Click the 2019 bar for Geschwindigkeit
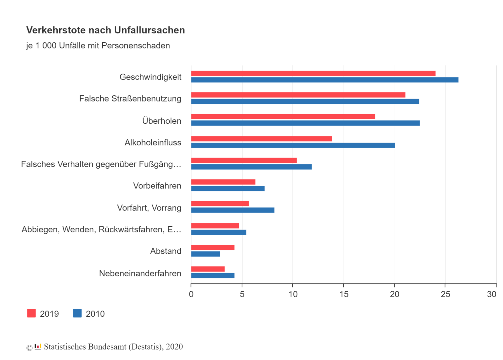(x=313, y=73)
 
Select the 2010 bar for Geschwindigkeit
(x=325, y=80)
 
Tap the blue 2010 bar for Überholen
(x=305, y=123)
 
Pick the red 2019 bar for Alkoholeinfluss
(x=261, y=139)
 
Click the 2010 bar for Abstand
(x=205, y=254)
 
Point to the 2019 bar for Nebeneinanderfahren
(x=208, y=269)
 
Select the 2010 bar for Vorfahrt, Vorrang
(x=233, y=210)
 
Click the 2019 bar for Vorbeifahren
(x=223, y=182)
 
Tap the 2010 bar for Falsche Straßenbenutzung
(x=305, y=101)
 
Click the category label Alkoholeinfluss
(x=153, y=142)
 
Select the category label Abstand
(x=165, y=251)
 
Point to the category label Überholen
(x=161, y=121)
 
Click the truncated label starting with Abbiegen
(x=101, y=229)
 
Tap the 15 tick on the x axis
(x=344, y=294)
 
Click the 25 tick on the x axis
(x=445, y=294)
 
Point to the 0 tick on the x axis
(x=191, y=294)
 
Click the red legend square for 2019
(x=31, y=313)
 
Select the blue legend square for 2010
(x=77, y=313)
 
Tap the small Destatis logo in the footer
(x=38, y=347)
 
